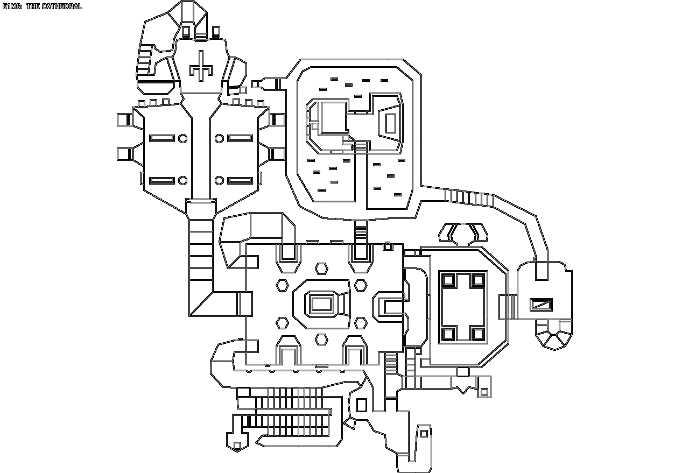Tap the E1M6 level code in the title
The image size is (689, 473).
pyautogui.click(x=12, y=6)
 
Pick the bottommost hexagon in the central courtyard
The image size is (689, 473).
pyautogui.click(x=321, y=339)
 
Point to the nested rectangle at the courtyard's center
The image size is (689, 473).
pyautogui.click(x=321, y=303)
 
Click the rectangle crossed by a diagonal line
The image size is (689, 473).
pyautogui.click(x=541, y=305)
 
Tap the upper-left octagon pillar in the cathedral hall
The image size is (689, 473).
pyautogui.click(x=182, y=138)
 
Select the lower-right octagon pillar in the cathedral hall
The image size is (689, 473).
pyautogui.click(x=220, y=180)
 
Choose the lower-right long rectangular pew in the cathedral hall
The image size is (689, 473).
pyautogui.click(x=240, y=180)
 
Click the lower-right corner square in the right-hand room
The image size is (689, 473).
pyautogui.click(x=478, y=334)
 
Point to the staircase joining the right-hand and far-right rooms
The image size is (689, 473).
pyautogui.click(x=508, y=306)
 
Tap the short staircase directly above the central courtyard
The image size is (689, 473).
pyautogui.click(x=361, y=231)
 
